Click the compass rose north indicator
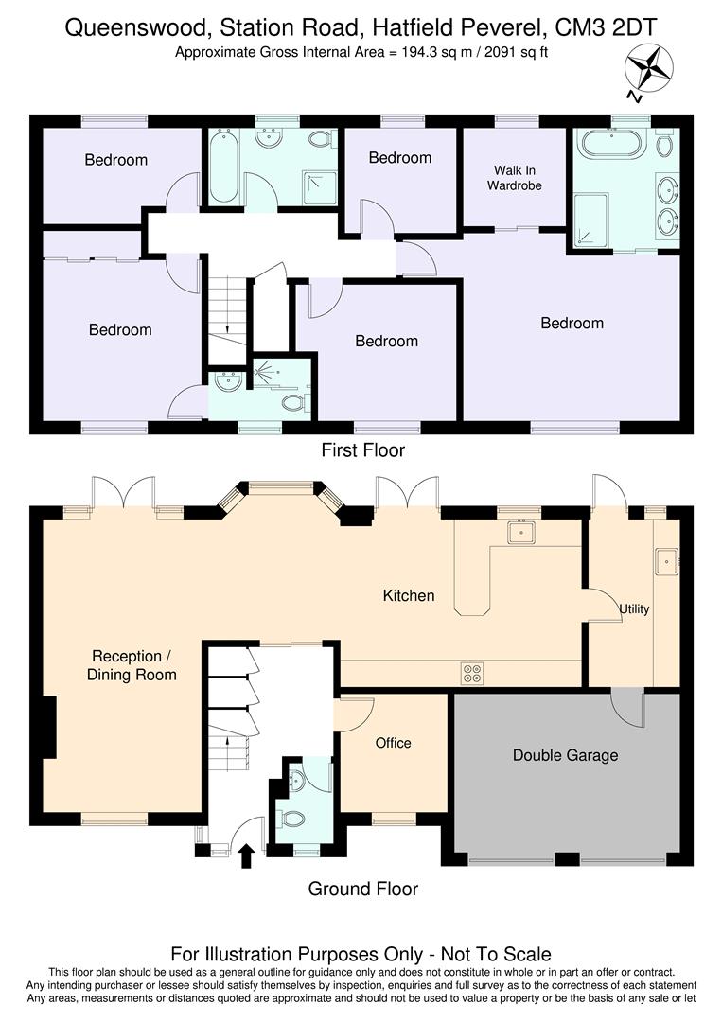point(647,71)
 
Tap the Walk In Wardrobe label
point(515,178)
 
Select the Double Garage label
point(565,755)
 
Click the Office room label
point(393,743)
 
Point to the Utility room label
point(634,608)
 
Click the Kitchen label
point(409,595)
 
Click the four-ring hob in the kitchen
point(472,673)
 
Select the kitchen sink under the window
point(520,533)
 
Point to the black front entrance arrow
point(246,856)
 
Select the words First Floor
point(363,450)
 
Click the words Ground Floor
point(363,889)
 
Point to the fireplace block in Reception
point(47,728)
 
